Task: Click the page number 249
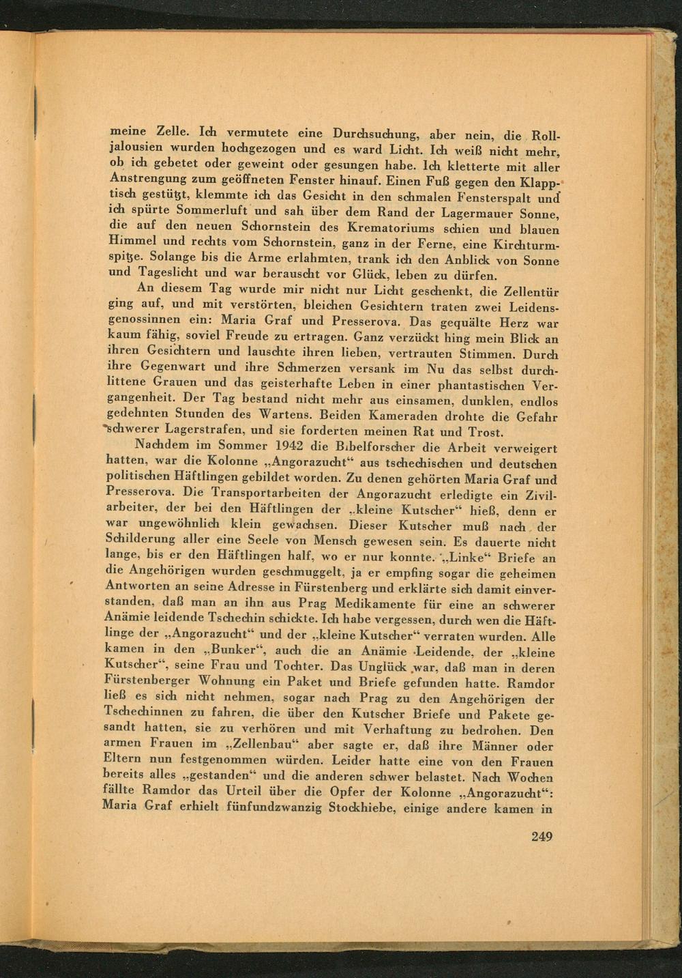click(541, 837)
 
